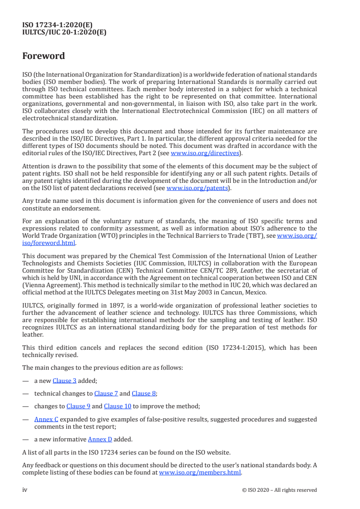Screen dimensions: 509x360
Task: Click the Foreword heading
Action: coord(44,56)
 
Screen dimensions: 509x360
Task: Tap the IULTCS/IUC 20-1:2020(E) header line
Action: coord(64,32)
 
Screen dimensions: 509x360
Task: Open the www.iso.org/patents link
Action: coord(197,188)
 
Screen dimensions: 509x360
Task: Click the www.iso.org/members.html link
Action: coord(200,472)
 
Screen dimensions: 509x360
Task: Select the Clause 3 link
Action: coord(64,381)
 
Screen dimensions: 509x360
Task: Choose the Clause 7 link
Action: coord(106,393)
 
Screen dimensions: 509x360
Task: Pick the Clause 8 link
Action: coord(144,393)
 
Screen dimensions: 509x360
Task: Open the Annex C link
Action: coord(46,419)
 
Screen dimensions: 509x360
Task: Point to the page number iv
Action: coord(25,490)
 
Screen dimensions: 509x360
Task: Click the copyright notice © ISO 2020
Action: coord(286,490)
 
